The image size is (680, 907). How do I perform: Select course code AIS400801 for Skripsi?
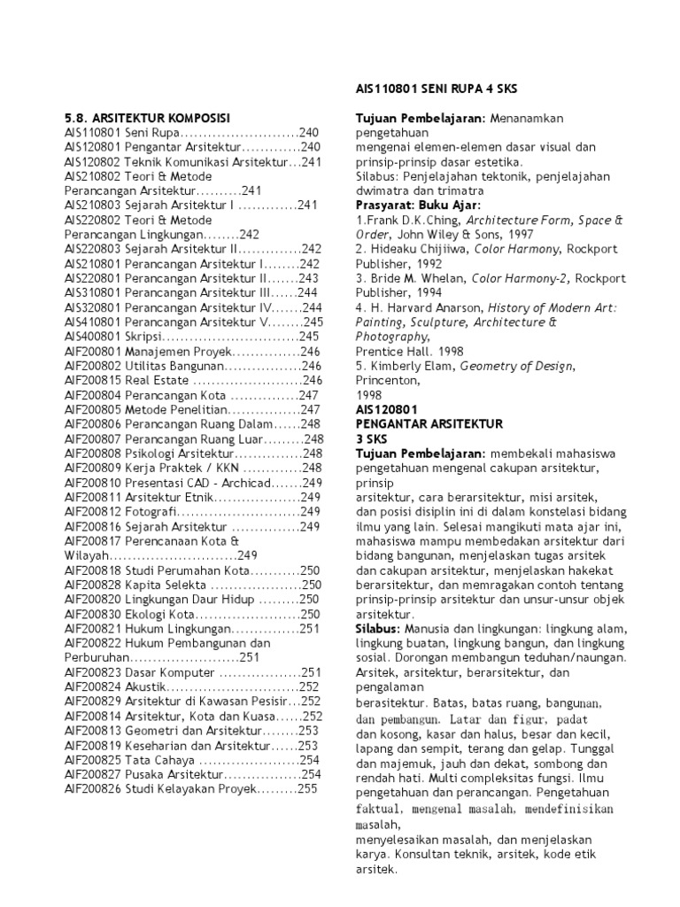(92, 337)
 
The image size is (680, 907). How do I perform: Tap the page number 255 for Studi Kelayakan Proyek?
(306, 787)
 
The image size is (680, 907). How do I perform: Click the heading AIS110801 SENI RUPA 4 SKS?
(436, 90)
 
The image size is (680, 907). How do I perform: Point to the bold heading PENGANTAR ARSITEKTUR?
(429, 424)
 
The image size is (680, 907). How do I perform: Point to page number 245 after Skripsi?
(309, 337)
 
